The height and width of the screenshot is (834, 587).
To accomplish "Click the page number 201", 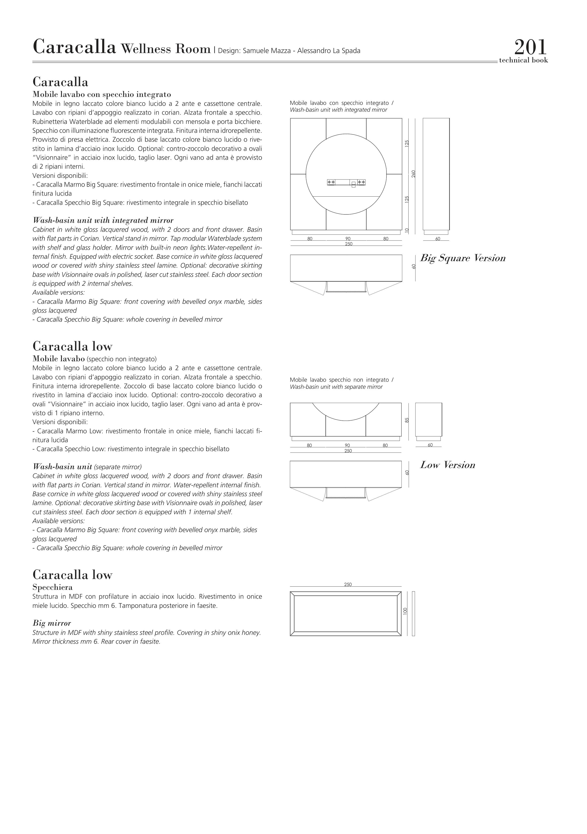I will point(530,47).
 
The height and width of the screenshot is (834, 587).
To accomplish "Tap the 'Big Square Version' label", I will point(463,258).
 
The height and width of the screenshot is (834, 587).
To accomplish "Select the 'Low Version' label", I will point(448,465).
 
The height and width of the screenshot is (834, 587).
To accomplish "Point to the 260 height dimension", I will point(413,174).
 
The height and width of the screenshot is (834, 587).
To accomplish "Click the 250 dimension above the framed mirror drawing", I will point(348,584).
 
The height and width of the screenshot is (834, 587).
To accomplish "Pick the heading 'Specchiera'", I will point(52,587).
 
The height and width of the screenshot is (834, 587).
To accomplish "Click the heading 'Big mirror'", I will point(52,623).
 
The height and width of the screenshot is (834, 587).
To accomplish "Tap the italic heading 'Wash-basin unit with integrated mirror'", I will point(103,221).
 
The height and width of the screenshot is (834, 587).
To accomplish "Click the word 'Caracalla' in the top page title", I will point(74,47).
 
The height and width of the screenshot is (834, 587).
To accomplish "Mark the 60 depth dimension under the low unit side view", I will point(430,445).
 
